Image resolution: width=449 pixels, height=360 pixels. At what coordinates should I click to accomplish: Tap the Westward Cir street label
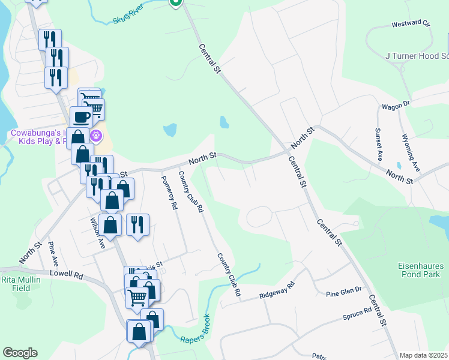coord(411,25)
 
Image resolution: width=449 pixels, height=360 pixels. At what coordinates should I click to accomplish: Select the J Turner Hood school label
coord(417,56)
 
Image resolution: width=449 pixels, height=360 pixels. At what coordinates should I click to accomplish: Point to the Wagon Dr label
coord(396,106)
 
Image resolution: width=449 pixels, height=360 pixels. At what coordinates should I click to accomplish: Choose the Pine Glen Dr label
coord(344,291)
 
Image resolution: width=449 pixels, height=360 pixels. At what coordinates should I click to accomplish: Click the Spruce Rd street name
coord(358,314)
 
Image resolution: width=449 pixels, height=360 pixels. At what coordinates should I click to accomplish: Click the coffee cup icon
coord(80,116)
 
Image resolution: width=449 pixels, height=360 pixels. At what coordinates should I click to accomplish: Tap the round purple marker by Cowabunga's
coord(96,136)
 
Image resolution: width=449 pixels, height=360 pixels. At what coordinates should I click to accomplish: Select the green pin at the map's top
coord(175,2)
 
